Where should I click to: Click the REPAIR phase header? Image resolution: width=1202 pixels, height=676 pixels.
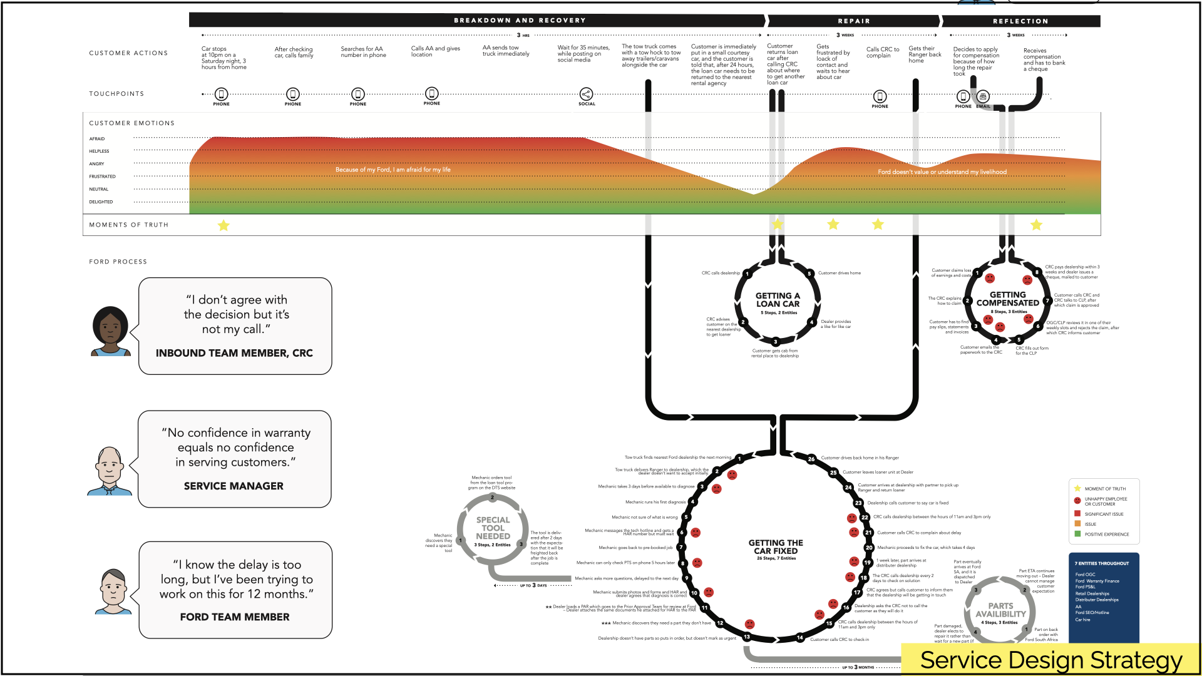pyautogui.click(x=854, y=21)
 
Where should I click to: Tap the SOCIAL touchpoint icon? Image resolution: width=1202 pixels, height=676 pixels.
pyautogui.click(x=586, y=95)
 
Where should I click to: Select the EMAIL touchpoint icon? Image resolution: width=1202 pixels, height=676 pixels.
pyautogui.click(x=983, y=96)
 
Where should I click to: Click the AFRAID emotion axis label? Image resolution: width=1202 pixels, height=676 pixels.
pyautogui.click(x=97, y=139)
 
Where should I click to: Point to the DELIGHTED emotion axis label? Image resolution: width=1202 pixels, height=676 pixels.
pyautogui.click(x=101, y=202)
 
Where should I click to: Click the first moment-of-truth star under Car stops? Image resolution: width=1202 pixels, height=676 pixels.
pyautogui.click(x=223, y=225)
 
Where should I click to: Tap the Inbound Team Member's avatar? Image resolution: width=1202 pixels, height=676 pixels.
pyautogui.click(x=111, y=331)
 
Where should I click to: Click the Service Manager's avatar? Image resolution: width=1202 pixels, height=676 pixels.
pyautogui.click(x=110, y=471)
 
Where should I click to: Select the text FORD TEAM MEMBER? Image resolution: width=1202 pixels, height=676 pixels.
pyautogui.click(x=235, y=617)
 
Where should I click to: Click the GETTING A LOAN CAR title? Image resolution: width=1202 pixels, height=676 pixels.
pyautogui.click(x=778, y=300)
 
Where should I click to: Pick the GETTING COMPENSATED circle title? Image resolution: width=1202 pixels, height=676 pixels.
pyautogui.click(x=1008, y=299)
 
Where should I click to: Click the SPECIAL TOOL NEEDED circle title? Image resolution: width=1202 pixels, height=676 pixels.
pyautogui.click(x=493, y=528)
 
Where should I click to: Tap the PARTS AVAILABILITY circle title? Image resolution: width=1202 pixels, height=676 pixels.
pyautogui.click(x=1000, y=610)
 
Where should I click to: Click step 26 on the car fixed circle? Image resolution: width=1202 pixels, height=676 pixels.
pyautogui.click(x=811, y=459)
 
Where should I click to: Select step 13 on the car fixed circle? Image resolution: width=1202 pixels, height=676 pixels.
pyautogui.click(x=747, y=637)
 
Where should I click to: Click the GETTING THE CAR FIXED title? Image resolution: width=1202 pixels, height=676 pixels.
pyautogui.click(x=776, y=547)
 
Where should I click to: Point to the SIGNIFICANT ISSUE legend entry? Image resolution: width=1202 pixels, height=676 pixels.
pyautogui.click(x=1104, y=514)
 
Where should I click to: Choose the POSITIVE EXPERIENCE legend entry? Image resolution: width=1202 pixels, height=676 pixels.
pyautogui.click(x=1106, y=535)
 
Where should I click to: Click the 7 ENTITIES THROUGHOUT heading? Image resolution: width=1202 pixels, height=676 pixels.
pyautogui.click(x=1102, y=563)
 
